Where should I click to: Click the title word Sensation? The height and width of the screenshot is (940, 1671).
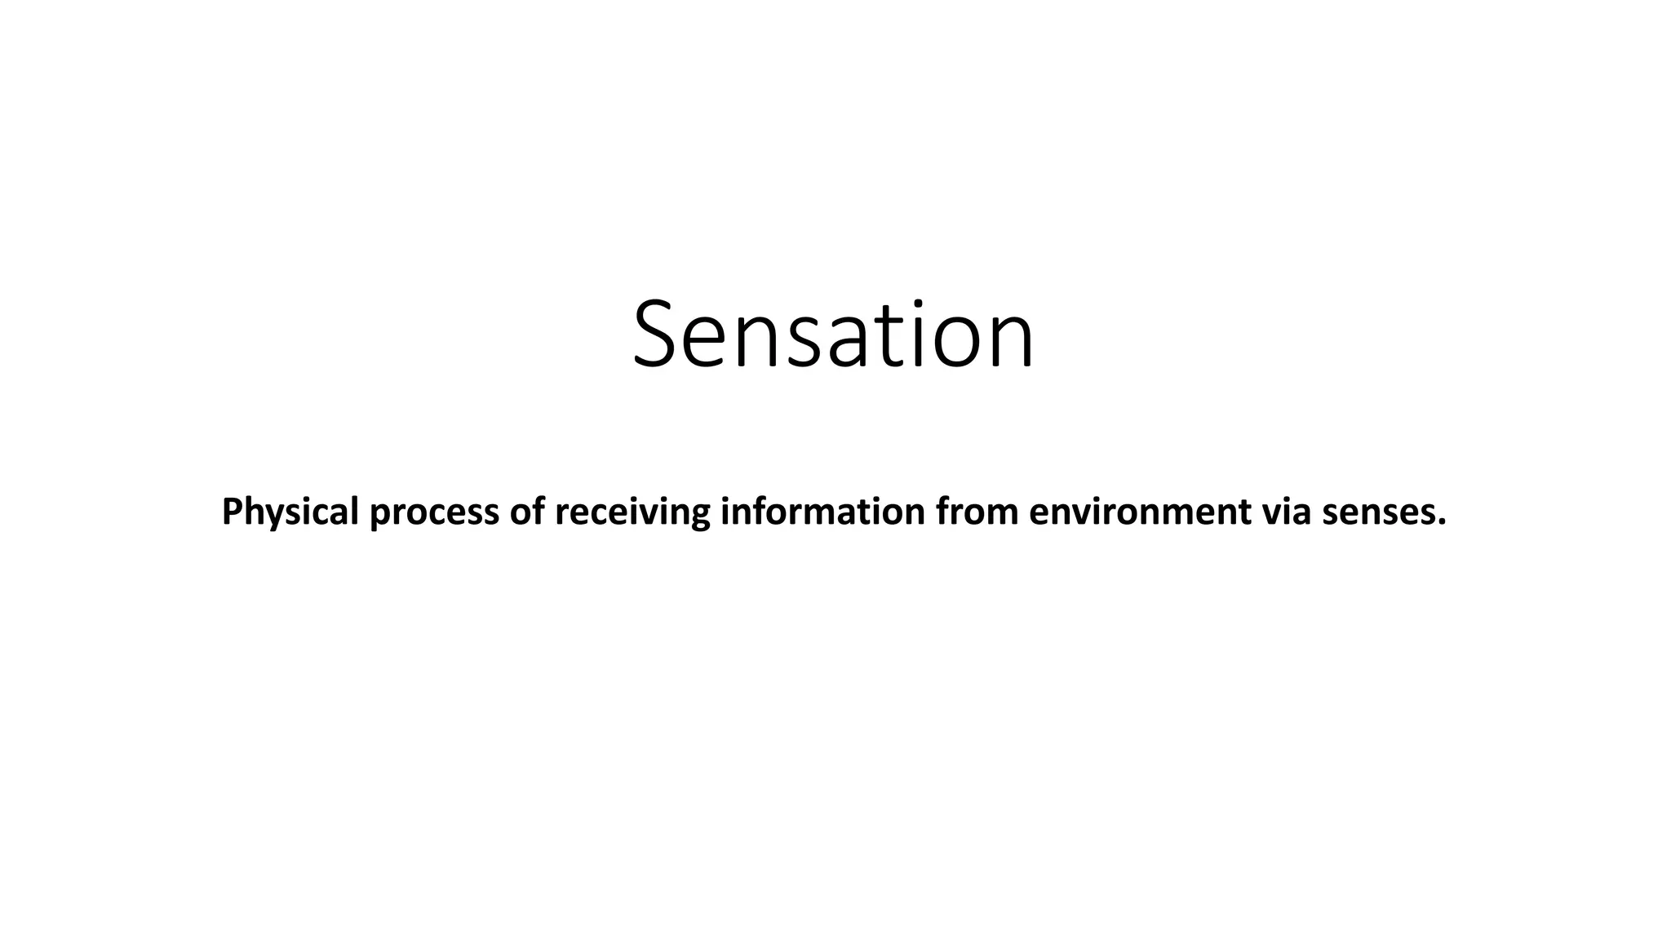[x=833, y=335]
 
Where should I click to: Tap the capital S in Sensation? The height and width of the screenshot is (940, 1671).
[x=658, y=335]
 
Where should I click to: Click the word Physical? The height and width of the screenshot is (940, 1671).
[x=290, y=512]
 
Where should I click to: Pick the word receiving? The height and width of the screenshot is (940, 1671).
[x=632, y=512]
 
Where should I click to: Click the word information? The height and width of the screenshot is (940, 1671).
[x=823, y=512]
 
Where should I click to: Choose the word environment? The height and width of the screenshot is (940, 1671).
[x=1140, y=512]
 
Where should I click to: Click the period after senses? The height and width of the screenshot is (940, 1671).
[x=1442, y=523]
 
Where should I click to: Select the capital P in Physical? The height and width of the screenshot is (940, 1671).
[x=232, y=512]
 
